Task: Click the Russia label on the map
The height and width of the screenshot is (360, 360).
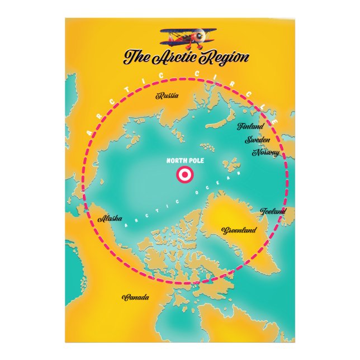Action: (x=168, y=96)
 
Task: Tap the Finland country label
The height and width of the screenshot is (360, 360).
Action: (x=250, y=126)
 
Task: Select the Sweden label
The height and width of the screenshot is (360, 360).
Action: (x=258, y=140)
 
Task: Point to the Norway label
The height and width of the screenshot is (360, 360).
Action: (x=266, y=152)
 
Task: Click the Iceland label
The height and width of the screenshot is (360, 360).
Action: (x=273, y=211)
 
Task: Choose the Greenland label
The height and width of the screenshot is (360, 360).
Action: (x=239, y=230)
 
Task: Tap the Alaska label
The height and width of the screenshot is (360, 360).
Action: (x=110, y=219)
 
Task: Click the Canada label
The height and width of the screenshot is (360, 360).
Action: (x=136, y=297)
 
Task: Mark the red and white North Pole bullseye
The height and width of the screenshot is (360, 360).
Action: (x=184, y=175)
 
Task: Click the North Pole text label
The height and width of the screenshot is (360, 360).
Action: (x=185, y=161)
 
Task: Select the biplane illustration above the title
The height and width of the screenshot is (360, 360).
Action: (x=184, y=37)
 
